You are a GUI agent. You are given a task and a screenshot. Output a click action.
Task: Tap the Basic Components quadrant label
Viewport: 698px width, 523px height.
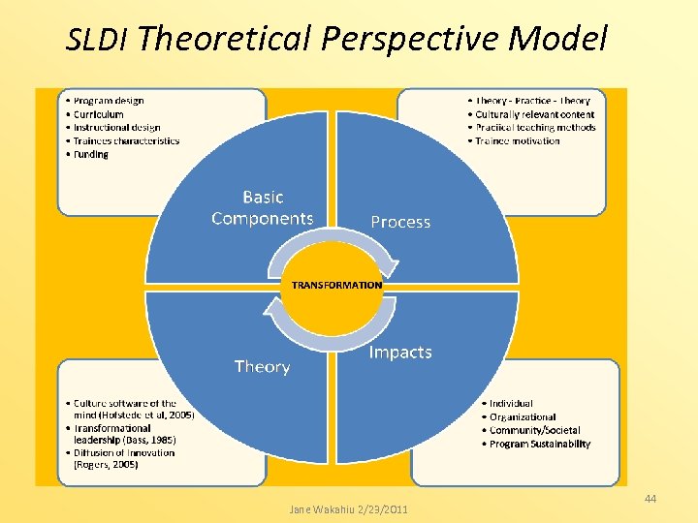(263, 208)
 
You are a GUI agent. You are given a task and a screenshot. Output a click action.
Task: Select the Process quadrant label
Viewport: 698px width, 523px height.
(400, 222)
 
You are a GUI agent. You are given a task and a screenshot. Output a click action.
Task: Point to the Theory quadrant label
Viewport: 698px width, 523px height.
(262, 367)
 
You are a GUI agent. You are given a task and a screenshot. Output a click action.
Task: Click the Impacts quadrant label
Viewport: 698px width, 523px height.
(400, 353)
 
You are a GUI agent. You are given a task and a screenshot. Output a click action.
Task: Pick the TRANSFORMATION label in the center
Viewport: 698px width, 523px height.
(337, 286)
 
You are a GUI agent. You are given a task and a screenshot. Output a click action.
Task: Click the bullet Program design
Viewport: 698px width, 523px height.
(108, 101)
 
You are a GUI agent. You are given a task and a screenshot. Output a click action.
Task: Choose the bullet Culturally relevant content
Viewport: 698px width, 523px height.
(534, 114)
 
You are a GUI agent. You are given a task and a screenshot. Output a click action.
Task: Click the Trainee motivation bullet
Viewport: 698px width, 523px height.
(517, 140)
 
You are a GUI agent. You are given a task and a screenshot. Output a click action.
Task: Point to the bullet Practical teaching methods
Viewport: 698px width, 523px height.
(534, 128)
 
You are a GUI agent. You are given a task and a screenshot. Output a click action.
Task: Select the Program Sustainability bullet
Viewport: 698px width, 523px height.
(539, 445)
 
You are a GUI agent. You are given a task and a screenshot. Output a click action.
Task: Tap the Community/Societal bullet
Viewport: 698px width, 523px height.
(534, 431)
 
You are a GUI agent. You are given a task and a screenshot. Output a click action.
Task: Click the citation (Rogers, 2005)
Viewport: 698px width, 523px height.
(106, 465)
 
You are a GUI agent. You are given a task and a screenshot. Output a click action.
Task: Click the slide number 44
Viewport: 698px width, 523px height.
(650, 499)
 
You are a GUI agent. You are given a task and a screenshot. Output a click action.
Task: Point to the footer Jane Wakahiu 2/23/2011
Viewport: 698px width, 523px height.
(349, 509)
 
